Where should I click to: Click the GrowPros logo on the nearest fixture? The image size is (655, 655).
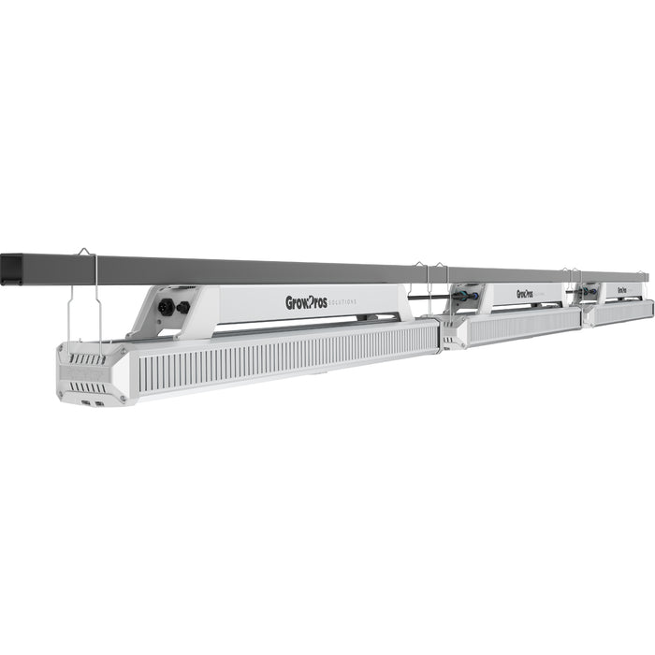tap(306, 302)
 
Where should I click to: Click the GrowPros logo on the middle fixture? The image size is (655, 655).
tap(524, 293)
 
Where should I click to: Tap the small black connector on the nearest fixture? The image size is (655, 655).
tap(182, 307)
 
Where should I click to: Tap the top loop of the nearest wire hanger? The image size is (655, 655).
tap(82, 251)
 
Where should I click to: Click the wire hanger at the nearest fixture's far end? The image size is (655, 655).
tap(423, 281)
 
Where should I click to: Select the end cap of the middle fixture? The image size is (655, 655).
tap(453, 332)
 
